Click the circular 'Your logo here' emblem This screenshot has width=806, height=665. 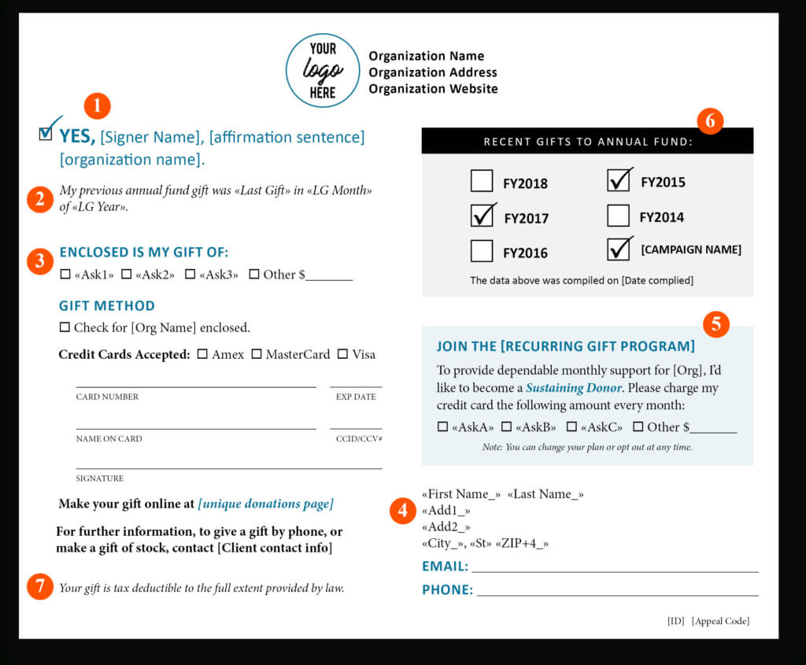click(x=323, y=71)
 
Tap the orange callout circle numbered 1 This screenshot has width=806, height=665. click(x=98, y=106)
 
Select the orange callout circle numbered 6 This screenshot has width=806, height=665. click(x=710, y=120)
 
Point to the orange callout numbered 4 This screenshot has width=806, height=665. click(x=403, y=511)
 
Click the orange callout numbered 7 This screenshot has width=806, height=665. click(x=40, y=586)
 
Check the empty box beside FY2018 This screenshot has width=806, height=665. click(x=482, y=182)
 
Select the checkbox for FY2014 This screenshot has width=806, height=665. click(x=619, y=216)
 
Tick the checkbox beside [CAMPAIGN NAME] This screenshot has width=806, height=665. click(x=619, y=249)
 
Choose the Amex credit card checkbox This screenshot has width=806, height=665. click(x=203, y=354)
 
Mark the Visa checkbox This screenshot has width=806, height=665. click(x=342, y=354)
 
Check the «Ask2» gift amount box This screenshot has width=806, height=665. click(x=126, y=275)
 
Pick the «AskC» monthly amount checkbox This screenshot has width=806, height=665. click(x=571, y=427)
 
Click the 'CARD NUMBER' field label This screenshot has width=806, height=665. click(x=107, y=397)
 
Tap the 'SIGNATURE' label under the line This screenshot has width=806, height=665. click(x=100, y=478)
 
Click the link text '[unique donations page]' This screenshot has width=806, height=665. click(x=265, y=504)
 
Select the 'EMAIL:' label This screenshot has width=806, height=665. click(x=445, y=566)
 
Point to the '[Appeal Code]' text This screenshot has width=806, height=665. click(x=720, y=621)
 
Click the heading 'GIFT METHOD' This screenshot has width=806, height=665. click(x=107, y=305)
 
